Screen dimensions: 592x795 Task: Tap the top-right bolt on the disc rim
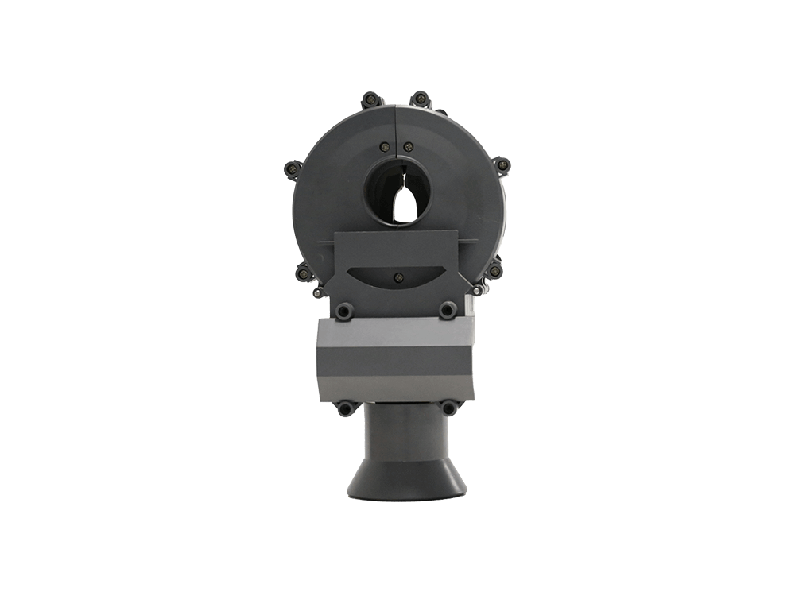(419, 99)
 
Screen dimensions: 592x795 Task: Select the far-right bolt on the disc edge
(502, 165)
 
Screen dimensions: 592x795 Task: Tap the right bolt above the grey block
(445, 310)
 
